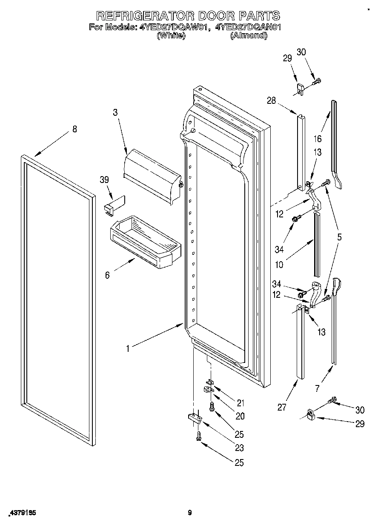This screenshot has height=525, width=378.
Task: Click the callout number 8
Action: [75, 129]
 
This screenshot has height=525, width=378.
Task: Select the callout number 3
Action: [115, 113]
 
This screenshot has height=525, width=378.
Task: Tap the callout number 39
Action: [104, 180]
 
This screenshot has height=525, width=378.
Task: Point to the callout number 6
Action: [107, 275]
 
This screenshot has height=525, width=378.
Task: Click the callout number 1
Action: [127, 348]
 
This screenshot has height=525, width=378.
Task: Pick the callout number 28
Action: [271, 100]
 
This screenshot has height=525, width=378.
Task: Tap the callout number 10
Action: [279, 265]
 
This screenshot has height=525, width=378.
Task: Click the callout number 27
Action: [282, 407]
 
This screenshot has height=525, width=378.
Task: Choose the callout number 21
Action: [241, 402]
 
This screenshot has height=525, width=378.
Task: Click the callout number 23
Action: [240, 448]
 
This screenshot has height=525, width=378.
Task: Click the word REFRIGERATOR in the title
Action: [143, 16]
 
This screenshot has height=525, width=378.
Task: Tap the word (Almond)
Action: [249, 36]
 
